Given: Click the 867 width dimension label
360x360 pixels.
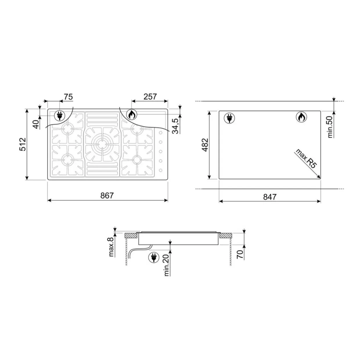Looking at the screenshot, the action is (107, 195).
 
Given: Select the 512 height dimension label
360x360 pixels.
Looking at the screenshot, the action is (23, 144).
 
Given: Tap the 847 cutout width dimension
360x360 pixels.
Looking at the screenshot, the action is (270, 197).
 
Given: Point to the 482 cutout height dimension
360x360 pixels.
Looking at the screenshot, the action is (205, 145).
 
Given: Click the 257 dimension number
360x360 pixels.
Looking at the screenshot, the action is (150, 97).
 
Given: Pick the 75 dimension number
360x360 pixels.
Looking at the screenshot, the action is (68, 97).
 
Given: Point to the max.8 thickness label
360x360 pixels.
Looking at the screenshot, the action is (111, 247).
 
